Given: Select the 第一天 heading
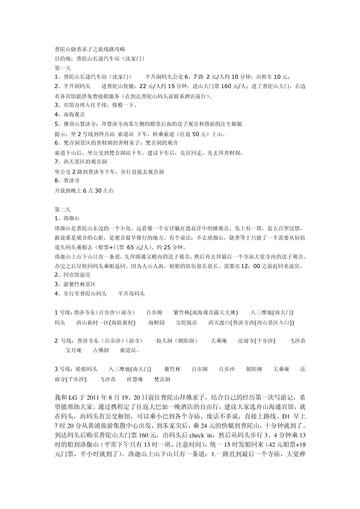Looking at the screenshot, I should click(x=63, y=68).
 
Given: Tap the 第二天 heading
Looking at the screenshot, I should click(x=63, y=209).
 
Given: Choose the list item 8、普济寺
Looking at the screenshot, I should click(x=67, y=181).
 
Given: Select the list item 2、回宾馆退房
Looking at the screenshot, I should click(x=73, y=275).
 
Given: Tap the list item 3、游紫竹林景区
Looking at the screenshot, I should click(x=75, y=284).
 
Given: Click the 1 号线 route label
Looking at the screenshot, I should click(x=63, y=312).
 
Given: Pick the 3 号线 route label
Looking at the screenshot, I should click(x=63, y=369).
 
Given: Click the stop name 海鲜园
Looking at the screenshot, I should click(x=157, y=323).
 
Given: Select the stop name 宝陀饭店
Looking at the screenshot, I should click(x=186, y=323).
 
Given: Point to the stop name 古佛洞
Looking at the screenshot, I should click(x=101, y=350).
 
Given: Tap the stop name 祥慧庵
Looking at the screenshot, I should click(x=135, y=379).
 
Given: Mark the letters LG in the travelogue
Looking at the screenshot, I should click(x=73, y=398).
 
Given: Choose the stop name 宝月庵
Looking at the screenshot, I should click(x=73, y=350).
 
